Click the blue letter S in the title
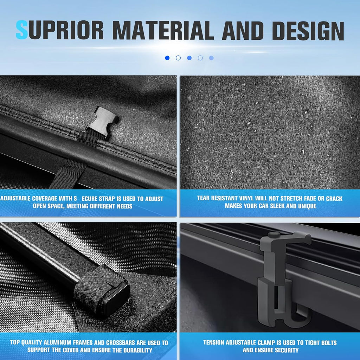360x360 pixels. tap(22, 30)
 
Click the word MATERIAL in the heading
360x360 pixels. tap(163, 31)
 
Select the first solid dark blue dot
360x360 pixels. tap(167, 58)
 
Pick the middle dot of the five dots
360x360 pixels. tap(189, 58)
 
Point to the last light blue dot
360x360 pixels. tap(211, 58)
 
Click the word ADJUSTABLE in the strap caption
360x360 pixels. tap(16, 198)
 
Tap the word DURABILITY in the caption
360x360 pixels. tap(138, 350)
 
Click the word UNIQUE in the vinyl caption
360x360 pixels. tap(307, 206)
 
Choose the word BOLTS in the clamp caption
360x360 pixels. tap(329, 342)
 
